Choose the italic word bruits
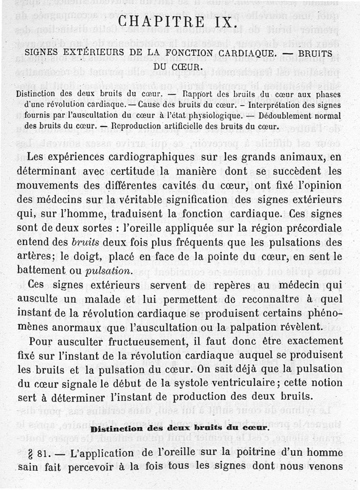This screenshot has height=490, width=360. [86, 243]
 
